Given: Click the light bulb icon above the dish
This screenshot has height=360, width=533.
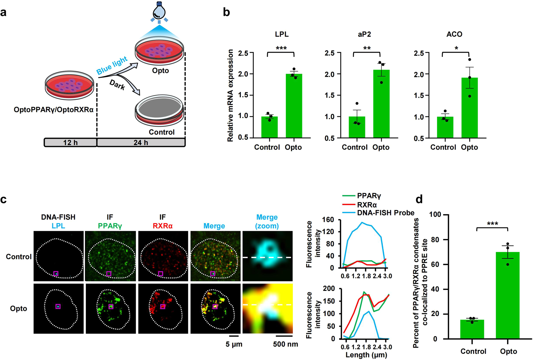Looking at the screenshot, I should point(159,12).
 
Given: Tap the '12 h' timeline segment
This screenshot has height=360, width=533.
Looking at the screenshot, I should point(70,142).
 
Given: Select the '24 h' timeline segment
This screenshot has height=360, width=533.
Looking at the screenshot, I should point(141,142).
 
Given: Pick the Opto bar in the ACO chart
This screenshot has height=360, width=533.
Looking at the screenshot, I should point(469,107).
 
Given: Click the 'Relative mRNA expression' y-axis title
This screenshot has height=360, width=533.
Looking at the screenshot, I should point(231,96).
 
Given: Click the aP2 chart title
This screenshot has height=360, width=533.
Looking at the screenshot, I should point(365,34).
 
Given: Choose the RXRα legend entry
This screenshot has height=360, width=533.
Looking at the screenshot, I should point(367,205).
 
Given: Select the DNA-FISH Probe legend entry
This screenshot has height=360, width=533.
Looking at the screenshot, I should point(385,213).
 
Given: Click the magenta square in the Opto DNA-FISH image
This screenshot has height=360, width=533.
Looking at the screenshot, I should point(58,306).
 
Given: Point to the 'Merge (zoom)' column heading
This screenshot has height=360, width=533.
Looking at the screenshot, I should point(267,221).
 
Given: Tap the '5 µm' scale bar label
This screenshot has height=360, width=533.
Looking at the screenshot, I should point(234,344).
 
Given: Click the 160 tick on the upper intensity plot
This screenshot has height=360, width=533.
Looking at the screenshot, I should point(334,220).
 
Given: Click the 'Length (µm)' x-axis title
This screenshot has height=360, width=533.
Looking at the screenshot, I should point(366,355).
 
